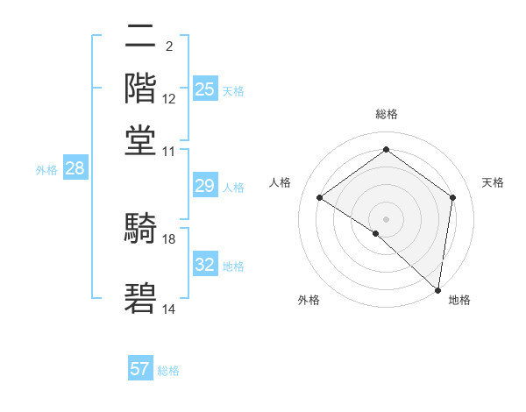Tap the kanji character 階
click(x=141, y=88)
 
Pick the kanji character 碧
click(x=141, y=300)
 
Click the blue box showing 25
click(x=204, y=89)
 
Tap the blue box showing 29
click(x=204, y=186)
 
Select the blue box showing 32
click(x=204, y=265)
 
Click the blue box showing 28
click(x=75, y=169)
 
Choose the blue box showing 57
click(x=140, y=369)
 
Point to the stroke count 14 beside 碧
click(x=169, y=309)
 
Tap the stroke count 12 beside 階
click(x=169, y=99)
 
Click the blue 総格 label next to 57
click(x=168, y=371)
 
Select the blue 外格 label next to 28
click(x=46, y=171)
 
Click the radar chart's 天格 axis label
click(x=493, y=182)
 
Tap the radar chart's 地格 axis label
click(x=459, y=300)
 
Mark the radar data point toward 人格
click(x=320, y=198)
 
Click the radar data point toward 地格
click(x=437, y=289)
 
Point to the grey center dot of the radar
click(x=386, y=218)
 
